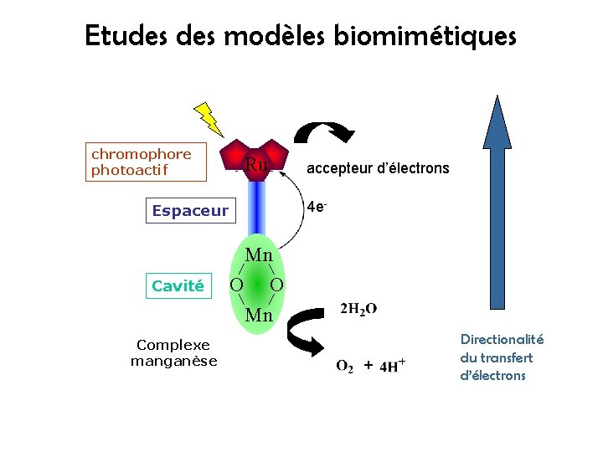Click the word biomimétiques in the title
point(425,37)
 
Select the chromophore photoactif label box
point(147,162)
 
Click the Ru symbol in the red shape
point(256,165)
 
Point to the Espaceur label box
point(190,211)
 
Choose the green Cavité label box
point(178,286)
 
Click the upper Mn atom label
point(259,254)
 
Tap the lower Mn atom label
point(259,316)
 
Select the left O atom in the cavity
point(237,286)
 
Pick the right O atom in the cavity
point(277,286)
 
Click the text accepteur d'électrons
point(378,168)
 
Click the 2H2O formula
point(358,309)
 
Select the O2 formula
point(344,366)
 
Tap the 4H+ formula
point(393,365)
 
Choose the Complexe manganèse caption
point(173,353)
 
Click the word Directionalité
point(502,339)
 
